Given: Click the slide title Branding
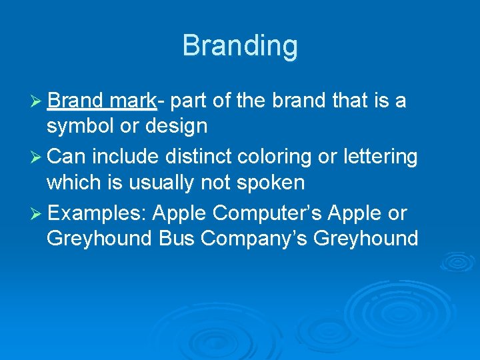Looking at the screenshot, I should [x=240, y=46].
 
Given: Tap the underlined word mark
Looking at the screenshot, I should [x=134, y=101].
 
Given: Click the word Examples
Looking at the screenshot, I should [x=97, y=214].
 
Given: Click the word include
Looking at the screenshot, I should [x=120, y=157].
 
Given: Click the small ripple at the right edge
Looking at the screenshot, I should [x=457, y=262].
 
